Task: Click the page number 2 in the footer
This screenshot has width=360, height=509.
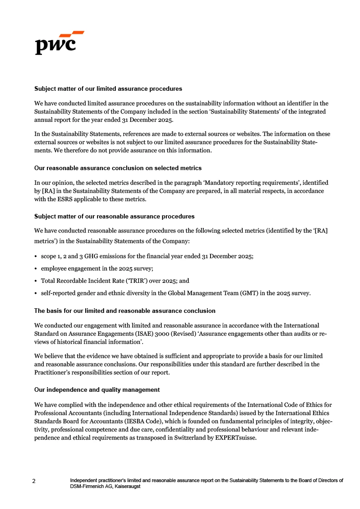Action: point(34,481)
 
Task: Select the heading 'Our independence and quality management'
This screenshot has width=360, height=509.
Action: point(97,390)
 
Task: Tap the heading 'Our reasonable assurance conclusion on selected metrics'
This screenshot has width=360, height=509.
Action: point(118,168)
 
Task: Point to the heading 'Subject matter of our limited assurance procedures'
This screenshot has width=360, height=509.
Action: point(108,88)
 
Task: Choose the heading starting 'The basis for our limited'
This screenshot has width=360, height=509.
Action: point(125,311)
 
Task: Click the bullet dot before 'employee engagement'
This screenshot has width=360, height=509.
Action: point(36,269)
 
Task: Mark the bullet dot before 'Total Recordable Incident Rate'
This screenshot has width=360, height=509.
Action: point(36,281)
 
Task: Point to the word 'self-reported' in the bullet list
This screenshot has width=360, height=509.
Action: point(58,293)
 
